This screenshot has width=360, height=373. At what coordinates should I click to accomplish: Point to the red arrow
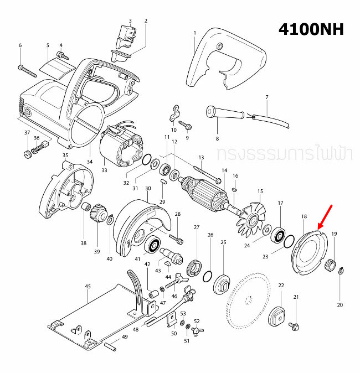point(325,216)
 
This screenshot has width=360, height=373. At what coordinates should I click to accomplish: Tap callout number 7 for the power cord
point(266,97)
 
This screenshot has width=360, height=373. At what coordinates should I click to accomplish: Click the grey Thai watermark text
point(285,153)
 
